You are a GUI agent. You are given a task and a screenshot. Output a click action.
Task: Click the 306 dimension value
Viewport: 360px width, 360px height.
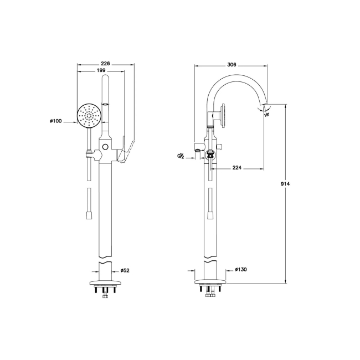[x=232, y=65]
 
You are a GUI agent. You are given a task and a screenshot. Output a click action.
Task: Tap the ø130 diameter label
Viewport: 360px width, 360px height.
[x=240, y=270]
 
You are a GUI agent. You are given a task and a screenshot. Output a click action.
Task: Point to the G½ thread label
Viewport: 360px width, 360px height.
[x=181, y=157]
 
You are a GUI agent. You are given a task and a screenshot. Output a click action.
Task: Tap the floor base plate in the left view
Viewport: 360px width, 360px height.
[x=105, y=282]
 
